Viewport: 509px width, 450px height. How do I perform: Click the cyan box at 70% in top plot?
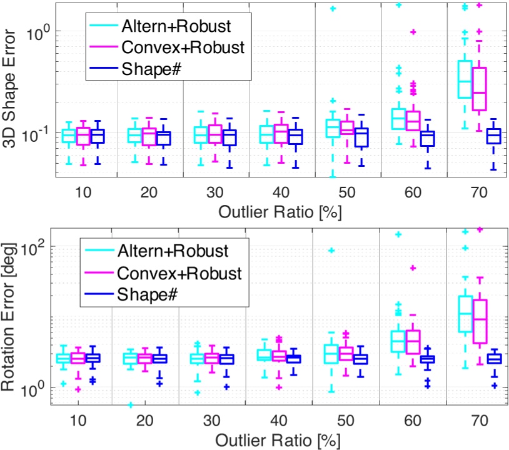[465, 79]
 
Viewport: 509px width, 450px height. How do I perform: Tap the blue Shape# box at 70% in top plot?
[494, 136]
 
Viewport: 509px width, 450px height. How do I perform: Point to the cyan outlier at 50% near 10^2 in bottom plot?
[332, 251]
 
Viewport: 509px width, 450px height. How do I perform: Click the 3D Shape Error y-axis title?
[13, 91]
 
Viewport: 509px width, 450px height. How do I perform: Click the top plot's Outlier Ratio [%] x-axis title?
[280, 212]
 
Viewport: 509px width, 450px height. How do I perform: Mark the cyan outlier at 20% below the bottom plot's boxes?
[130, 404]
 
